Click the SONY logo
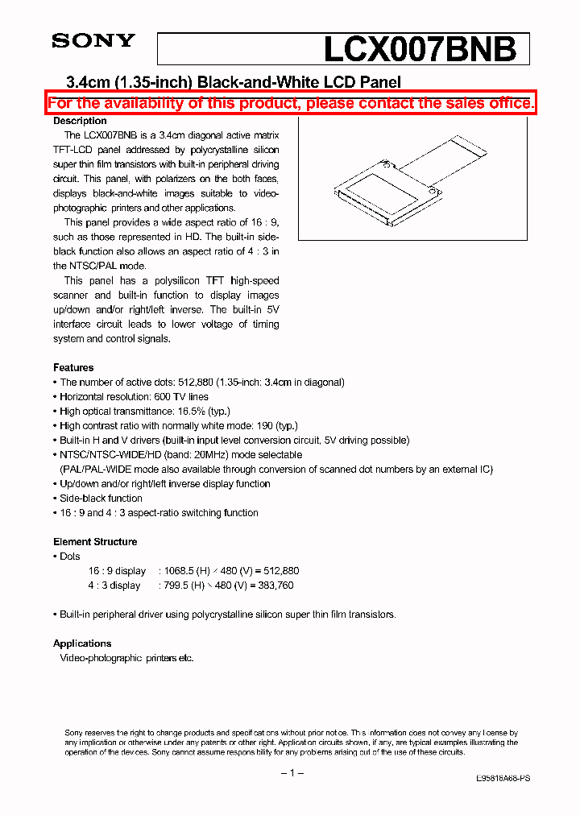93,41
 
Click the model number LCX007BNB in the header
419,50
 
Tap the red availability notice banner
291,103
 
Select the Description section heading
80,121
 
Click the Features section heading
73,367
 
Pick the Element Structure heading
95,542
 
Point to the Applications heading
82,643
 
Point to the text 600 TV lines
180,397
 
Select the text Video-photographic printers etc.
126,658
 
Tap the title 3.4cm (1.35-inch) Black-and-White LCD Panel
232,81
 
